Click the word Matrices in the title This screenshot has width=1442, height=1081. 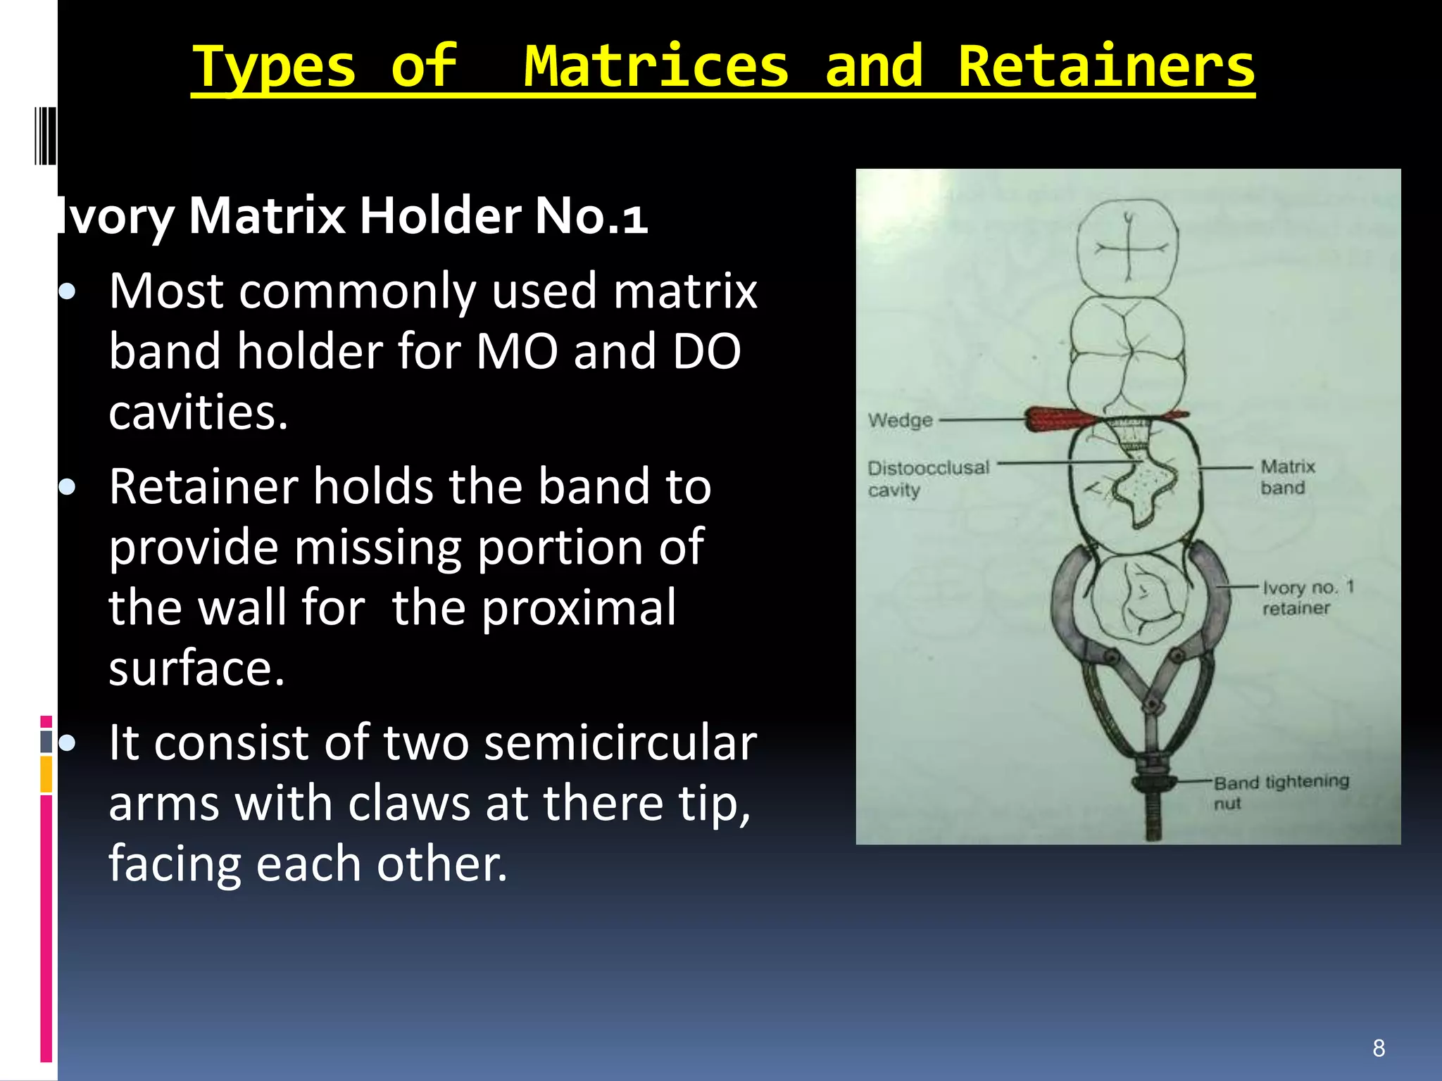pos(656,66)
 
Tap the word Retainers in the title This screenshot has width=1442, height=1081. pos(1106,66)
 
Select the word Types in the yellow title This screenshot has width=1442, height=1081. pos(274,68)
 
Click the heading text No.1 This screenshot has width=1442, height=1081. pos(591,215)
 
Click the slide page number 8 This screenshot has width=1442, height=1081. pos(1379,1048)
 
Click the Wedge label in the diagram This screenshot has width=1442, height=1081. pos(900,420)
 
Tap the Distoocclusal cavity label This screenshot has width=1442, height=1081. pos(928,478)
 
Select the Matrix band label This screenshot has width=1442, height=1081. pos(1286,476)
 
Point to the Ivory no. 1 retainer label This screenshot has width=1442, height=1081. pos(1307,597)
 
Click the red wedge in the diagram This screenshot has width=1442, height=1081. pos(1056,419)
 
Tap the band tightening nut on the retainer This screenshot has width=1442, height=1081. pos(1153,782)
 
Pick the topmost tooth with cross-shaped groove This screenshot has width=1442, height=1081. pos(1127,246)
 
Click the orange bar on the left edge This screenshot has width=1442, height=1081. pos(46,774)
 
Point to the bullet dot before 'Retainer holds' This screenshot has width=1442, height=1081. pos(68,487)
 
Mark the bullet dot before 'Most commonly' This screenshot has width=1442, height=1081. pos(68,291)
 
